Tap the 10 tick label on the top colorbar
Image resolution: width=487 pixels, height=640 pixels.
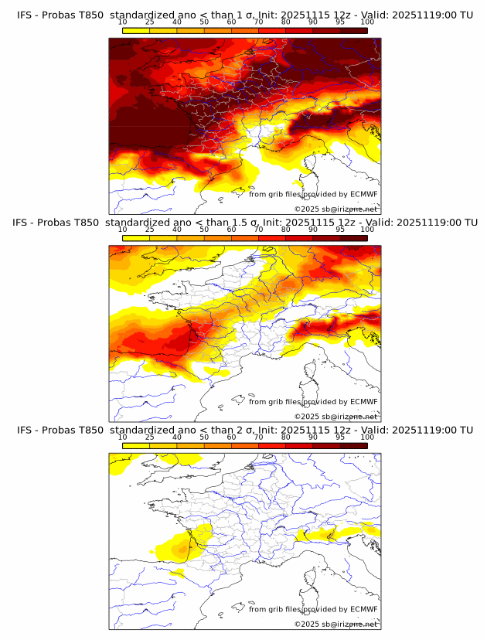coord(123,22)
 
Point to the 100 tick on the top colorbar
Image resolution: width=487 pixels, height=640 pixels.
coord(367,22)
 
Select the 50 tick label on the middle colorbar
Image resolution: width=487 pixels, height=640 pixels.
coord(204,230)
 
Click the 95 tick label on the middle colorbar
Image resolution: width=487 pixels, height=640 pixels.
coord(340,230)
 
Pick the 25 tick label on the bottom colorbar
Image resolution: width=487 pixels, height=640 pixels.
coord(150,437)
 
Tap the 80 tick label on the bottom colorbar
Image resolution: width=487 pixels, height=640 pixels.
coord(286,437)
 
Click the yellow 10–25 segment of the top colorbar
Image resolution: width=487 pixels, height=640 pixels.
coord(136,30)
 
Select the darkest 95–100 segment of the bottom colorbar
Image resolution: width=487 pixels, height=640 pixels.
coord(353,446)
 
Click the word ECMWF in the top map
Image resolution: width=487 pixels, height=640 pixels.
coord(363,194)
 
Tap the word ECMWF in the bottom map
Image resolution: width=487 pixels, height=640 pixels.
coord(363,609)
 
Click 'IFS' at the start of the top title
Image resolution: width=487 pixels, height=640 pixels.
coord(24,15)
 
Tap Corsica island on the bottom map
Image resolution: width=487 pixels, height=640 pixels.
coord(314,574)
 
